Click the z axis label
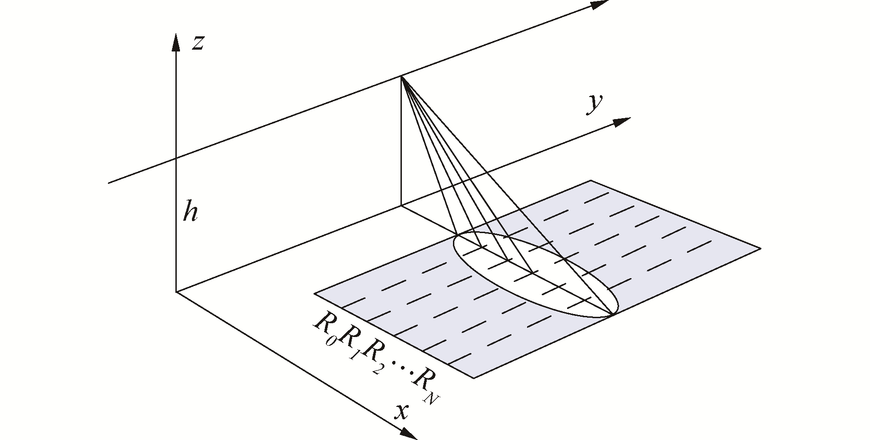click(x=197, y=43)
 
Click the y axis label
click(x=594, y=104)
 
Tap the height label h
click(x=190, y=212)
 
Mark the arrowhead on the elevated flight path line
click(x=600, y=4)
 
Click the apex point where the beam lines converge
click(x=401, y=76)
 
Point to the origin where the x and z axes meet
click(x=176, y=291)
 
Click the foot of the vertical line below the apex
click(x=401, y=206)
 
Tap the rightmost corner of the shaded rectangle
click(x=760, y=249)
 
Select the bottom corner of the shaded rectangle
click(x=474, y=378)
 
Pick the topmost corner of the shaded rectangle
click(x=591, y=181)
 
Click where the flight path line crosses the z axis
click(x=176, y=159)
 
